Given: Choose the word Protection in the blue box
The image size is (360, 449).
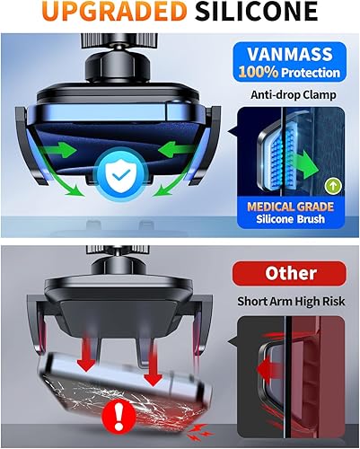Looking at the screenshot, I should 310,72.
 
